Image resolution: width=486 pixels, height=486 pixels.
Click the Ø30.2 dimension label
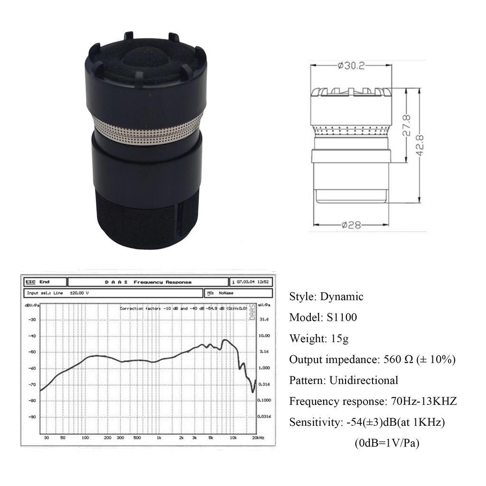point(351,66)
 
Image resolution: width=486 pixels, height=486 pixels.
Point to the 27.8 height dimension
point(407,125)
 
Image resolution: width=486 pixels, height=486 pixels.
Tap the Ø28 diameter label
point(351,225)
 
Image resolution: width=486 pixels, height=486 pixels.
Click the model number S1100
point(341,318)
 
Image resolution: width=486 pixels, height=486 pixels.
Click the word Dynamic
point(342,297)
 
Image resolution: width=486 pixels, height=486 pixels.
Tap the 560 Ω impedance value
point(398,359)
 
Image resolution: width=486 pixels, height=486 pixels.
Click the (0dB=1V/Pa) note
point(387,443)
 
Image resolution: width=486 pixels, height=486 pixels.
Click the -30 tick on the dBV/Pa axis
point(33,319)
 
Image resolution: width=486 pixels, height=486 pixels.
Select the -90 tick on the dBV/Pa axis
point(33,417)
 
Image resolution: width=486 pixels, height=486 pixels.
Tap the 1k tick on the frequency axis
point(159,438)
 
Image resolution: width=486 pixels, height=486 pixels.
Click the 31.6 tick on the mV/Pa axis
point(264,319)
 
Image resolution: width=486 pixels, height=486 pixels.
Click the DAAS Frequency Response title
point(148,282)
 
